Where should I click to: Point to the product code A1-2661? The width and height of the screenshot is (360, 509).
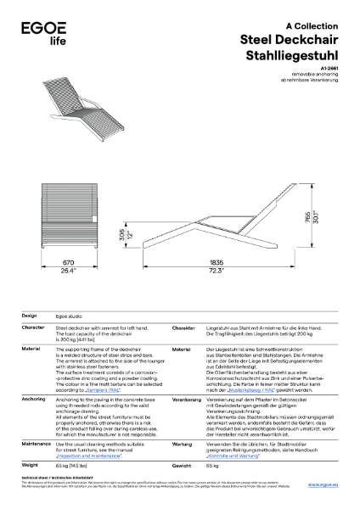(x=329, y=68)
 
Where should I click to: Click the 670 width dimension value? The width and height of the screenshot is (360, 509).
(x=68, y=263)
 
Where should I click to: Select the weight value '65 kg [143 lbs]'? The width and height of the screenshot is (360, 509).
(x=72, y=466)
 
